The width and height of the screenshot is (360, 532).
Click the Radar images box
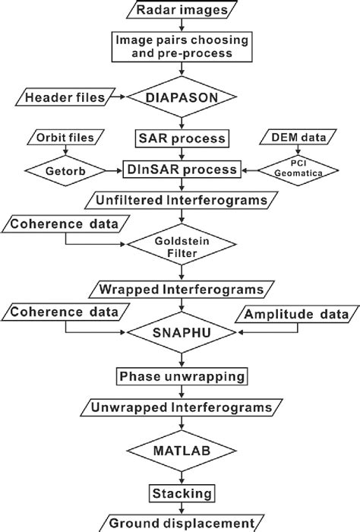[x=180, y=10]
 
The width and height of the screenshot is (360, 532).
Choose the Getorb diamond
[x=64, y=169]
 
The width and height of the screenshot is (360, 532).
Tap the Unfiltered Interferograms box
[x=180, y=201]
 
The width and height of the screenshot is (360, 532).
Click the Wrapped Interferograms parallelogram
[x=180, y=290]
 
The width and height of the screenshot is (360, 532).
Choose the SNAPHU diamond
[x=180, y=332]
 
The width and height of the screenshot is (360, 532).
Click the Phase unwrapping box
[x=180, y=375]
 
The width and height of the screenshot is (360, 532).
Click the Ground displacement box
[x=180, y=523]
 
